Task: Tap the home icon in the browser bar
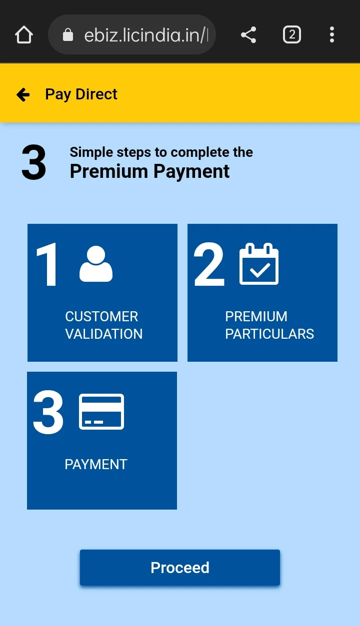(x=24, y=34)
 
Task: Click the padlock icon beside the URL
(x=67, y=34)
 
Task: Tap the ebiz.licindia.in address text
(x=146, y=35)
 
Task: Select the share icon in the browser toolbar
(x=248, y=34)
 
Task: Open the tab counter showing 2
(x=291, y=34)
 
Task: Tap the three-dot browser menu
(x=331, y=34)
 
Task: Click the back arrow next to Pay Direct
(x=23, y=94)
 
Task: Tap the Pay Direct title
(x=81, y=94)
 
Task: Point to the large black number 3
(x=34, y=162)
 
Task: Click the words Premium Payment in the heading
(x=149, y=171)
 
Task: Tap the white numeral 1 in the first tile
(x=47, y=264)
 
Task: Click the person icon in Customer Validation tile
(x=96, y=263)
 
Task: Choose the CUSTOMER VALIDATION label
(x=104, y=325)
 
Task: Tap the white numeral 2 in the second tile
(x=209, y=264)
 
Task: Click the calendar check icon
(x=259, y=263)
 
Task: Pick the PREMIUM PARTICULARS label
(x=269, y=325)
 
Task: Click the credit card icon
(x=101, y=411)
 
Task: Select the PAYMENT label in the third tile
(x=96, y=465)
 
